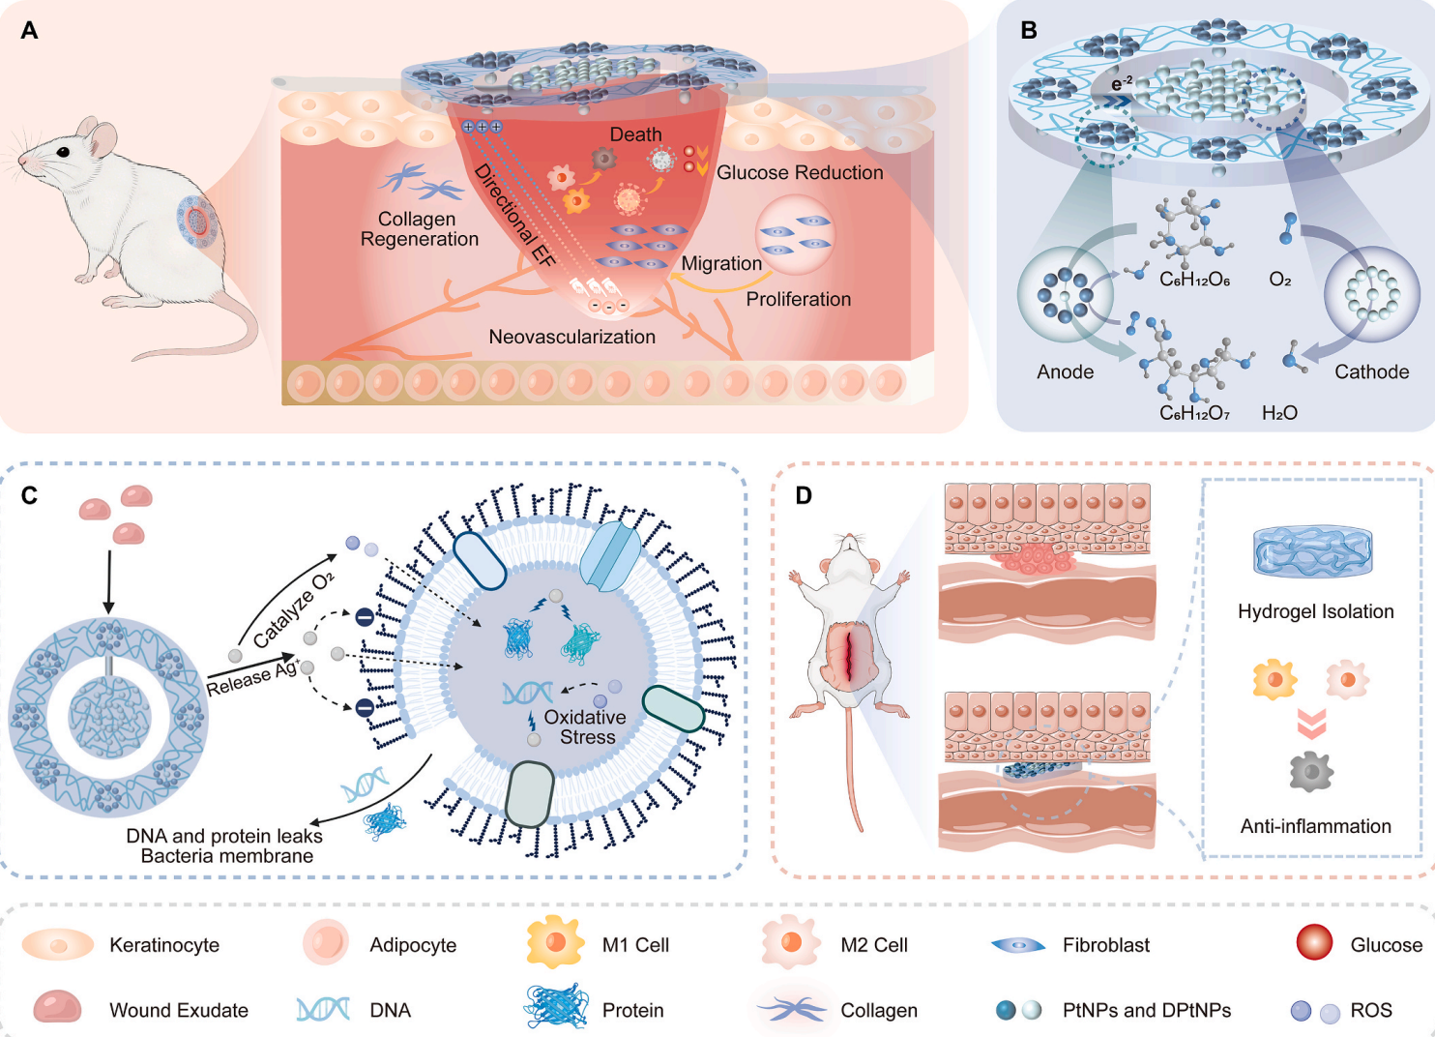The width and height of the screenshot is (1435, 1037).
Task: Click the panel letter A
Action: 29,30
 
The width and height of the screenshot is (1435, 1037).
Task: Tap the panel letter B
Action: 1028,30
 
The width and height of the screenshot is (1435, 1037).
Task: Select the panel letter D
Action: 804,495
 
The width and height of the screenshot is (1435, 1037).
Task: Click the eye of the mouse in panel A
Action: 63,152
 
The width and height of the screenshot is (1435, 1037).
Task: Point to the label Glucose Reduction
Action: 800,172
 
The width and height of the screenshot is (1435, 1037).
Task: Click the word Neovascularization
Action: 572,337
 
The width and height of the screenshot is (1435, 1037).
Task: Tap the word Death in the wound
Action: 635,133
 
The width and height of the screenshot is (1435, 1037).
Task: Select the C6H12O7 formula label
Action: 1195,413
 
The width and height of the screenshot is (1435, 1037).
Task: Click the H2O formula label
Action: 1280,413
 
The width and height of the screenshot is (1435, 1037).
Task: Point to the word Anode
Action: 1066,371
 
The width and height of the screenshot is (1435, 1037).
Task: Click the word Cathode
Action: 1371,371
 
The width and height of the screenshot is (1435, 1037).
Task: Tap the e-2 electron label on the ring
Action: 1122,83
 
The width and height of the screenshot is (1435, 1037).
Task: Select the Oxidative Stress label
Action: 585,726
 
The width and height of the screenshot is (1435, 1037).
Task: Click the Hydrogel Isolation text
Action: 1316,611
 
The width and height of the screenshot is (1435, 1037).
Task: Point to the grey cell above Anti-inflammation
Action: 1311,772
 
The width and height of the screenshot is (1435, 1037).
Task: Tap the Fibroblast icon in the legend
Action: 1018,945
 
